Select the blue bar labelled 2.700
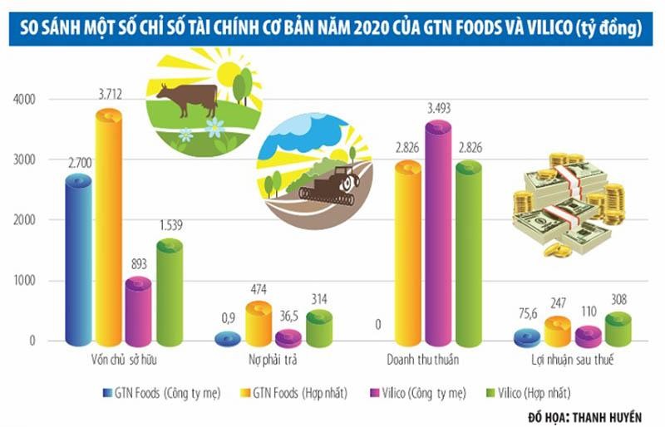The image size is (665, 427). [79, 258]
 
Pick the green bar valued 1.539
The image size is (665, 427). [168, 291]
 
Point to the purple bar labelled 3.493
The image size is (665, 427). [437, 233]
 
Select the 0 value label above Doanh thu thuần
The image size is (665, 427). [377, 324]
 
